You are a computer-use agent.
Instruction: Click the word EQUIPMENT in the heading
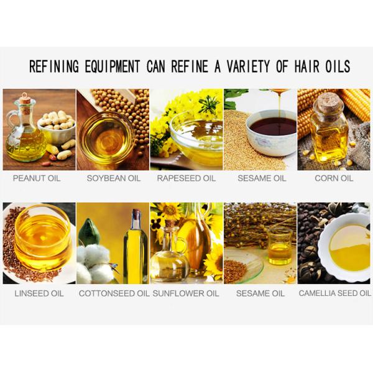click(x=113, y=67)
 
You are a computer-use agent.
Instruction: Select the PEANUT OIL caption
click(x=37, y=178)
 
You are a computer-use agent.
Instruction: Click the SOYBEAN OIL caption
click(x=114, y=178)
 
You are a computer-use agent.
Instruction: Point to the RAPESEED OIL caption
click(x=186, y=178)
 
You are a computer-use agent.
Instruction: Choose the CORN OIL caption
click(x=334, y=178)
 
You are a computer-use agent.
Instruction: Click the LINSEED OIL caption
click(x=39, y=293)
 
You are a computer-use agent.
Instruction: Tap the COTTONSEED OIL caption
click(x=114, y=293)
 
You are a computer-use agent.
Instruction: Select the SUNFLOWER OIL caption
click(x=186, y=293)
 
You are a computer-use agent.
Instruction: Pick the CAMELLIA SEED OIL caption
click(x=335, y=293)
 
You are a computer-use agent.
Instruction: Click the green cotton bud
click(x=89, y=231)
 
